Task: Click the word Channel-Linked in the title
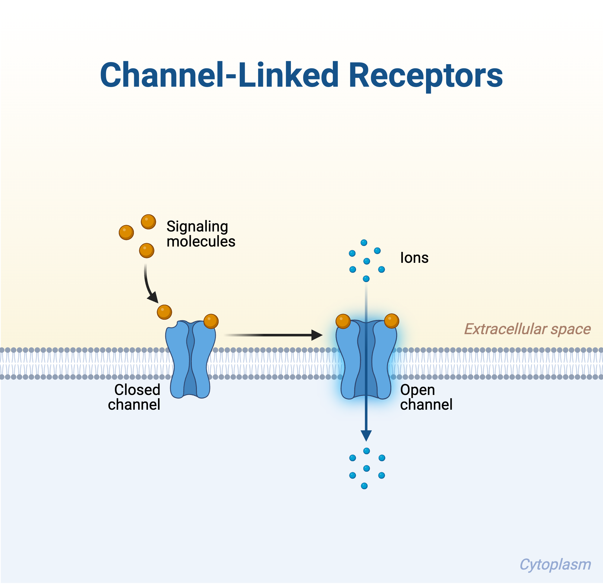click(219, 75)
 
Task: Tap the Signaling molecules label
click(200, 234)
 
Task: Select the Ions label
click(414, 258)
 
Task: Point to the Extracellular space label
click(527, 329)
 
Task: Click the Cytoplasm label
click(555, 565)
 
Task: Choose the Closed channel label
click(134, 397)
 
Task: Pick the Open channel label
click(426, 397)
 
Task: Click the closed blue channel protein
click(191, 359)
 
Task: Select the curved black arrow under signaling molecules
click(149, 286)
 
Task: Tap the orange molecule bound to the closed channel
click(211, 321)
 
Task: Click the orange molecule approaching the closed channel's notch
click(164, 312)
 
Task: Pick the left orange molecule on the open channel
click(343, 321)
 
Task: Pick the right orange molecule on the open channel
click(392, 321)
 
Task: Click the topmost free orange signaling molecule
click(148, 222)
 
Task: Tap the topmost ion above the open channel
click(364, 243)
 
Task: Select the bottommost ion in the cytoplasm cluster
click(364, 486)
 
